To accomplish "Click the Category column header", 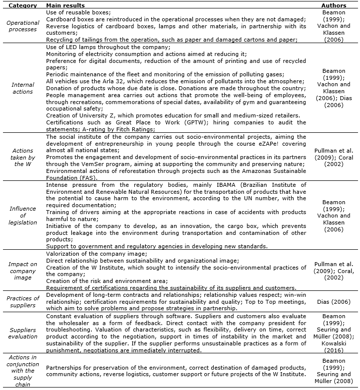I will [x=23, y=5].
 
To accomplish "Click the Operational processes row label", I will [x=23, y=26].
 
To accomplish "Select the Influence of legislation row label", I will [x=23, y=216].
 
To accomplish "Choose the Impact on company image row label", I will [x=23, y=271].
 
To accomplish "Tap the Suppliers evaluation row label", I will [x=23, y=333].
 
